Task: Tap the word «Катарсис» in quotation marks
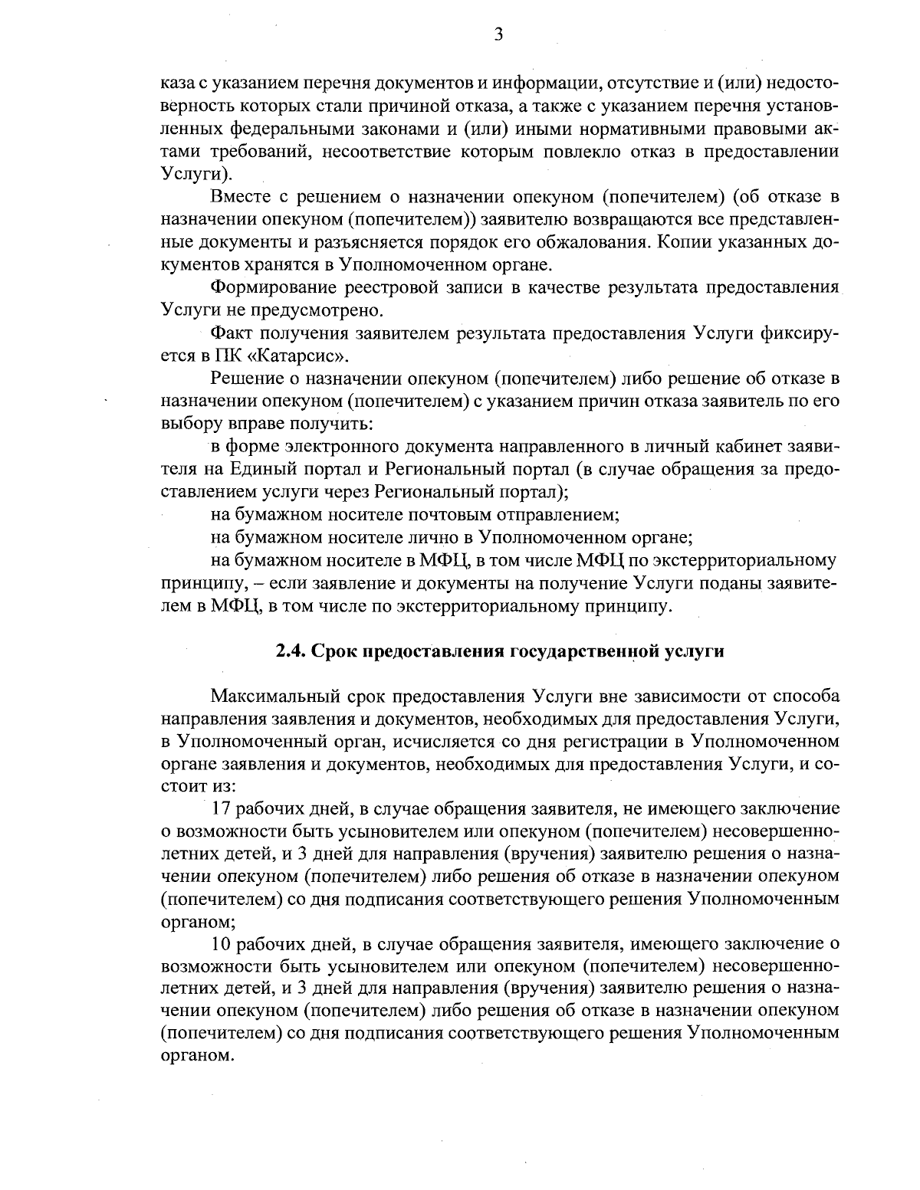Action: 305,356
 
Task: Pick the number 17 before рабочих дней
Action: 221,808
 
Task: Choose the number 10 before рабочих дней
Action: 221,943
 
